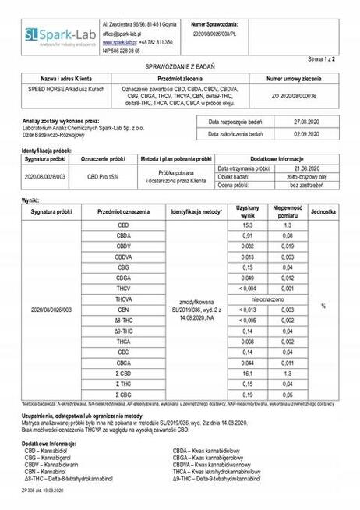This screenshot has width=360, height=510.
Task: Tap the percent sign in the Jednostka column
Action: (x=323, y=306)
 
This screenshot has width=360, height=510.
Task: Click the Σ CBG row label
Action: (x=124, y=395)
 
